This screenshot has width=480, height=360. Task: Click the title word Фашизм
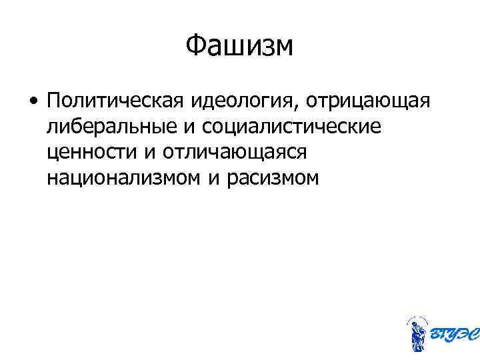tap(239, 46)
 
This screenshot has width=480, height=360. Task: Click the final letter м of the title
tap(283, 47)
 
